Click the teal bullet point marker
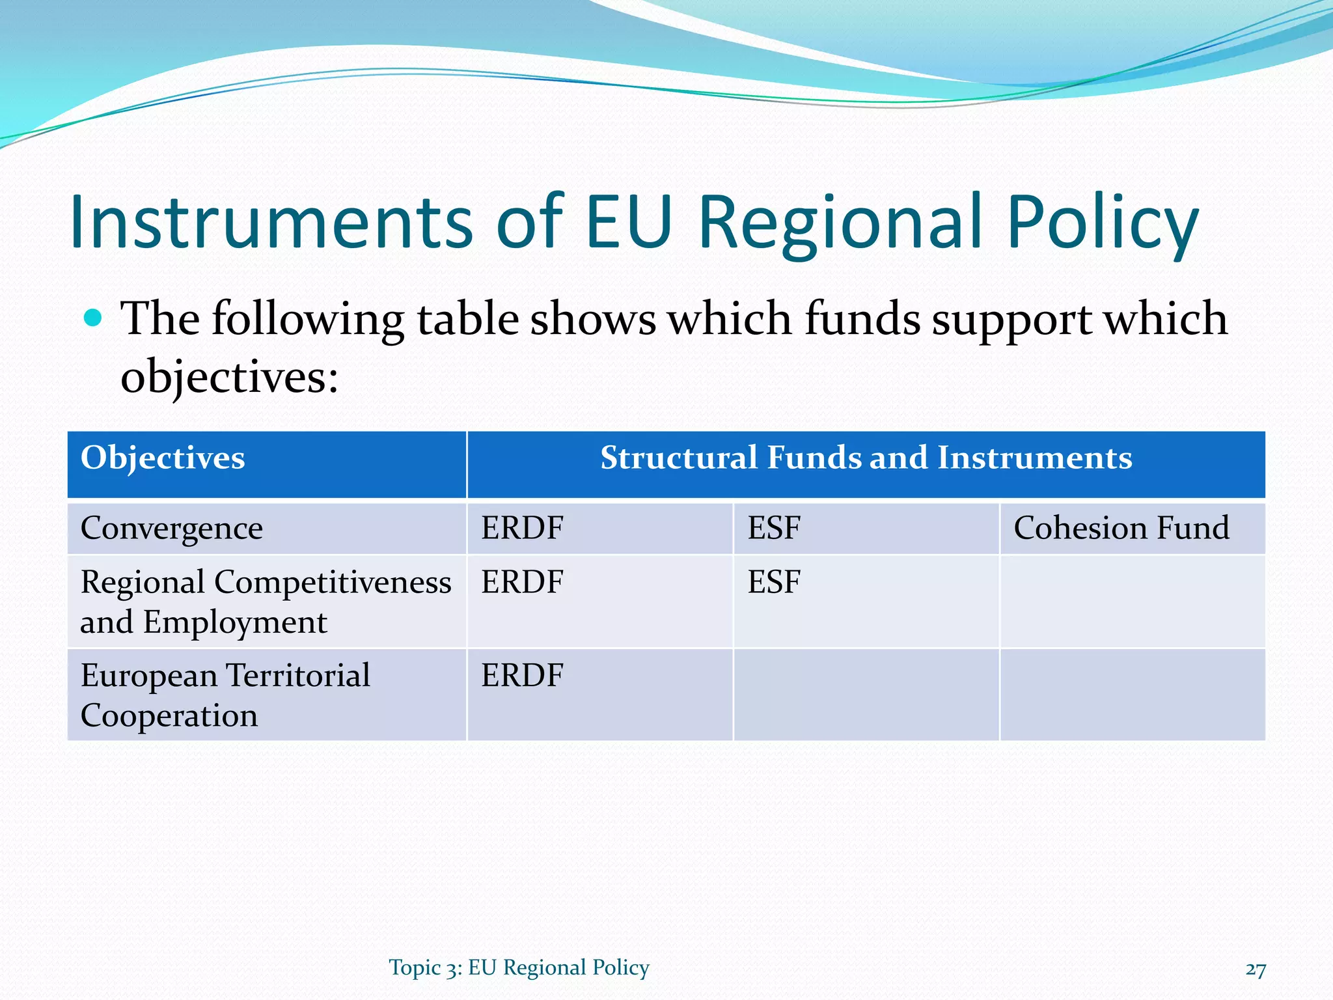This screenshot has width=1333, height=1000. coord(94,318)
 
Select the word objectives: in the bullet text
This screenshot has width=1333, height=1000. coord(230,377)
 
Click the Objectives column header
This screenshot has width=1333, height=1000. coord(163,458)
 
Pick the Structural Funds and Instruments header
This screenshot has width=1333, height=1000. coord(866,458)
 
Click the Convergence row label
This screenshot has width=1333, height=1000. coord(172,528)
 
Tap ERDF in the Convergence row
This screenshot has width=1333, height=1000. coord(522,528)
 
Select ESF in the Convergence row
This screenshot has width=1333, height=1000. coord(773,528)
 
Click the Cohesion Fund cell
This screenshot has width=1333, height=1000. coord(1121,528)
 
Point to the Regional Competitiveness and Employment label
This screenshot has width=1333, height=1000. coord(266,602)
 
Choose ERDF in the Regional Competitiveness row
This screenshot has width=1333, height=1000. coord(522,582)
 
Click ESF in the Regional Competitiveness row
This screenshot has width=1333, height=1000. coord(773,582)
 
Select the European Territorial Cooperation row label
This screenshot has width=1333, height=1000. coord(225,695)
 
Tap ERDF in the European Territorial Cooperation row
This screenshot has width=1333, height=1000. coord(522,676)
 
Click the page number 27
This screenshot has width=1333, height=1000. coord(1256,969)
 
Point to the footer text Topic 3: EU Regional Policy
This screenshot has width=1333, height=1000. coord(519,968)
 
